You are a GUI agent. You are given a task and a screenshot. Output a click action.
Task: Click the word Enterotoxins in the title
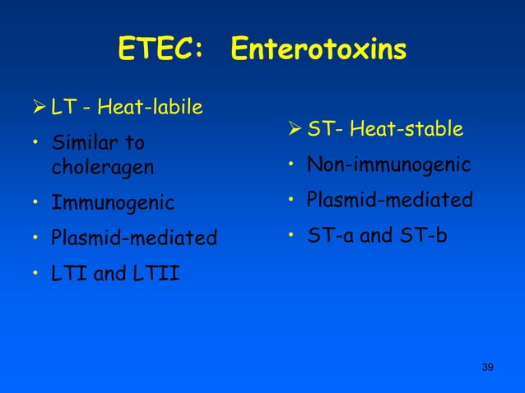coord(318,50)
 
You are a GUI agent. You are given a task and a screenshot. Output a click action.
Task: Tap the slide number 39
coord(487,366)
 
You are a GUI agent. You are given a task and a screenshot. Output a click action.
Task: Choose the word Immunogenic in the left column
coord(113,202)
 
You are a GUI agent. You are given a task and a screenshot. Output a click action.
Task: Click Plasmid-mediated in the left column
coord(134,238)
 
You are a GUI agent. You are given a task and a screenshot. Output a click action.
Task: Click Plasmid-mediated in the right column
coord(390,200)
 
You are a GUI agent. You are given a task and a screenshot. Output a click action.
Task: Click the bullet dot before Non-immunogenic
coord(291,166)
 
